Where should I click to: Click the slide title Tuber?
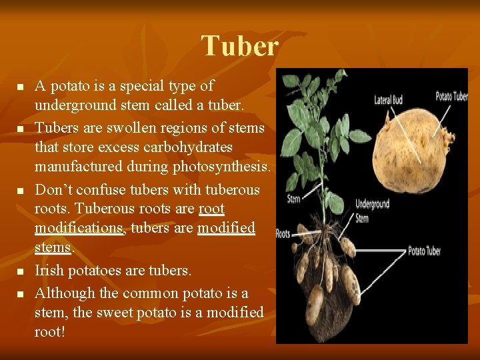240,46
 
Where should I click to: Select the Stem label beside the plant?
293,199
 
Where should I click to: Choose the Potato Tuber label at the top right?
451,97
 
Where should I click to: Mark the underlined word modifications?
79,229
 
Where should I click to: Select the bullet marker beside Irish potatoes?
21,271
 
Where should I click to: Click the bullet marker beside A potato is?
21,87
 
